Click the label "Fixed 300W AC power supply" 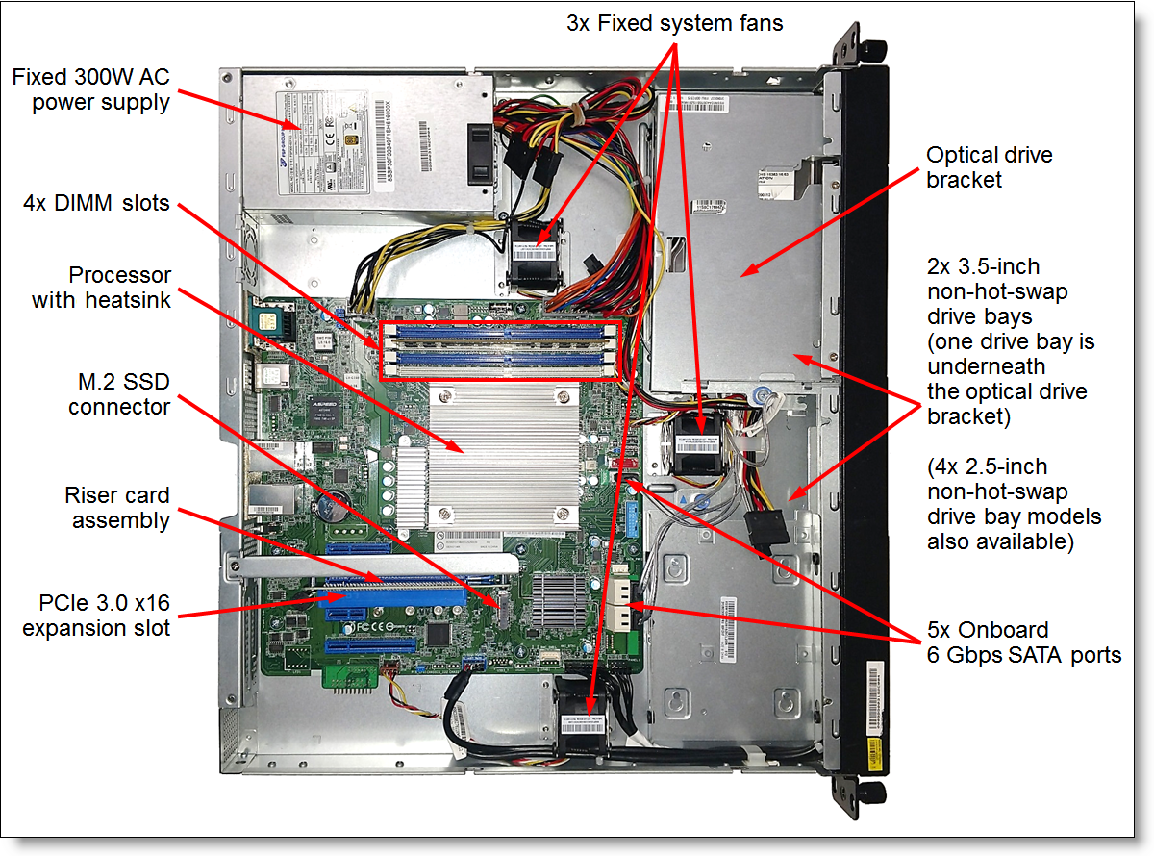91,89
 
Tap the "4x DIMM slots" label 96,203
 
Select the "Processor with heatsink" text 101,288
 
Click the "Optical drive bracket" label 976,167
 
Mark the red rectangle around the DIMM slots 501,351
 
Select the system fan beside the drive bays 700,445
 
